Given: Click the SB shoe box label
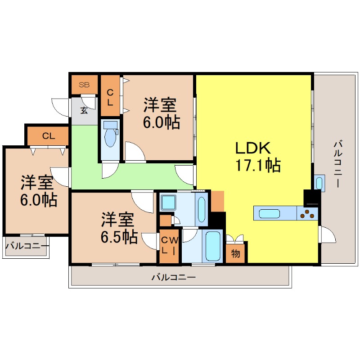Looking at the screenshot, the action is [84, 85].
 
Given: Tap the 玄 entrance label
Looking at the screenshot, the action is [84, 111].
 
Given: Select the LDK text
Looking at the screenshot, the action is [253, 148].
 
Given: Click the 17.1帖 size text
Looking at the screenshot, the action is [258, 165].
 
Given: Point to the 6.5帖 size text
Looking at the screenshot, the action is [119, 237].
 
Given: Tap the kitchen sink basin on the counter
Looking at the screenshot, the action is [269, 213].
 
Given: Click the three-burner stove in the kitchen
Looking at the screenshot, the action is [307, 214].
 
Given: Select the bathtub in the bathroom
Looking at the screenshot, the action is [213, 246].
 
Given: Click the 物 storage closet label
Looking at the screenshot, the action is [235, 254].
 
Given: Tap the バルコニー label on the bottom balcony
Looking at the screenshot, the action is [174, 277].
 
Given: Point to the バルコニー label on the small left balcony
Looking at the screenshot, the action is [27, 246].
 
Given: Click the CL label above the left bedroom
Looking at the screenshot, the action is [49, 136].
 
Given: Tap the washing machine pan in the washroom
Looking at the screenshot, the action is [168, 202].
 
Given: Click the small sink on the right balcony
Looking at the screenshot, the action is [319, 183].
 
